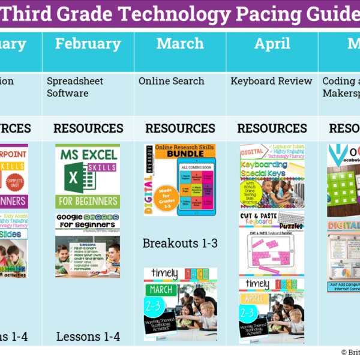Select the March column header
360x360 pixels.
180,43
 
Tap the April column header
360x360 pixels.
272,43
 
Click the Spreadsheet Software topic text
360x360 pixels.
75,87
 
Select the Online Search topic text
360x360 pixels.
172,81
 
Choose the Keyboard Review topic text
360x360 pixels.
272,81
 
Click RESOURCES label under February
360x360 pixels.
88,128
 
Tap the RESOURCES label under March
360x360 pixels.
180,128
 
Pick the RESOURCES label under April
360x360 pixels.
272,128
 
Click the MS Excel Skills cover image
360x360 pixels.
88,176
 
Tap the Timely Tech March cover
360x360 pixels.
180,298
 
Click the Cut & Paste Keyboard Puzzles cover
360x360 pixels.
272,242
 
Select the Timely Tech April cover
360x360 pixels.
272,310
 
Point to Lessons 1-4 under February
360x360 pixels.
88,337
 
